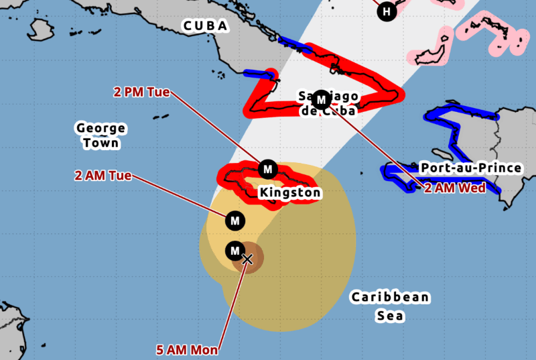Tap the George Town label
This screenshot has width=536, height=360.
(x=100, y=135)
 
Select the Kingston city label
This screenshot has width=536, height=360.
(x=290, y=193)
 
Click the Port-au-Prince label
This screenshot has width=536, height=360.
(x=470, y=167)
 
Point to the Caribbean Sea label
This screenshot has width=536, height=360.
(x=390, y=306)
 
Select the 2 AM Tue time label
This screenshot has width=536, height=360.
(x=103, y=176)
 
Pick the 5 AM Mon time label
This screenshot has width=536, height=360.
(x=187, y=349)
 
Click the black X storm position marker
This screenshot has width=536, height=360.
(x=247, y=259)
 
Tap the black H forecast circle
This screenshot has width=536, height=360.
(x=386, y=11)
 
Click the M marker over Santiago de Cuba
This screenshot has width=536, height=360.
(x=321, y=100)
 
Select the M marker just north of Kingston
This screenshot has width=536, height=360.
(x=267, y=168)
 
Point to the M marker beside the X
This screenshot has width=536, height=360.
(x=234, y=251)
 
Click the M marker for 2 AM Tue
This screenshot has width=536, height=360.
(x=234, y=220)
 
